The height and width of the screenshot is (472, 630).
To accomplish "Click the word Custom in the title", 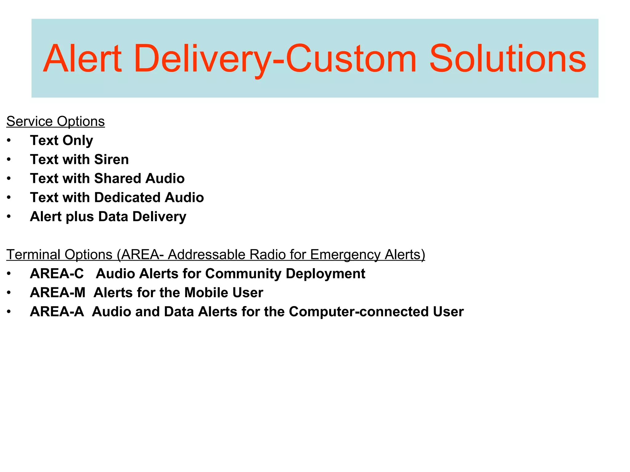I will [351, 59].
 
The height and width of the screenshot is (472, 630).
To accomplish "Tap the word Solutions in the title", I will [507, 59].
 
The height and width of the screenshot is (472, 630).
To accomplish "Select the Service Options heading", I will [55, 121].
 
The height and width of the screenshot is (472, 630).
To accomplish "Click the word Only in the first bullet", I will [78, 141].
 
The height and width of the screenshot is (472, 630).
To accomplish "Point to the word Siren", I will [111, 159].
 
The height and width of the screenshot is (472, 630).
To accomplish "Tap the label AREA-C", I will [57, 273].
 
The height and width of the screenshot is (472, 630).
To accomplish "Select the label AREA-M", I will [58, 293].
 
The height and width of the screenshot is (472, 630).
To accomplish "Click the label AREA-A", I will [57, 312].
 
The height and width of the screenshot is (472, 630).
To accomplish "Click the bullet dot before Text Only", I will [9, 141].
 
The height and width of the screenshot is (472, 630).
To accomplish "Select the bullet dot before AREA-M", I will [9, 293].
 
